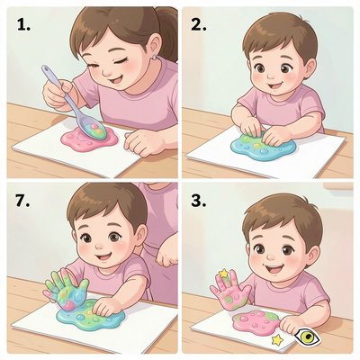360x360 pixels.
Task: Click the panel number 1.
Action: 23,25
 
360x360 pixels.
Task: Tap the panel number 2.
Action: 199,25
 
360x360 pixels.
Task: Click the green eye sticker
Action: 307,336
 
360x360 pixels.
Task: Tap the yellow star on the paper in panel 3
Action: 277,339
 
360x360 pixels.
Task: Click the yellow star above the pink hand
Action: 224,273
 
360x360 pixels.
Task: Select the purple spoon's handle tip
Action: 46,68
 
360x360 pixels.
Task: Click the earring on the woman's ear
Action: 154,58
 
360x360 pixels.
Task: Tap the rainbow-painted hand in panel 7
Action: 67,289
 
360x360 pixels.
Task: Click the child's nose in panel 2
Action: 272,75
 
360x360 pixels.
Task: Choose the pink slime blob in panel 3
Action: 256,322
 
